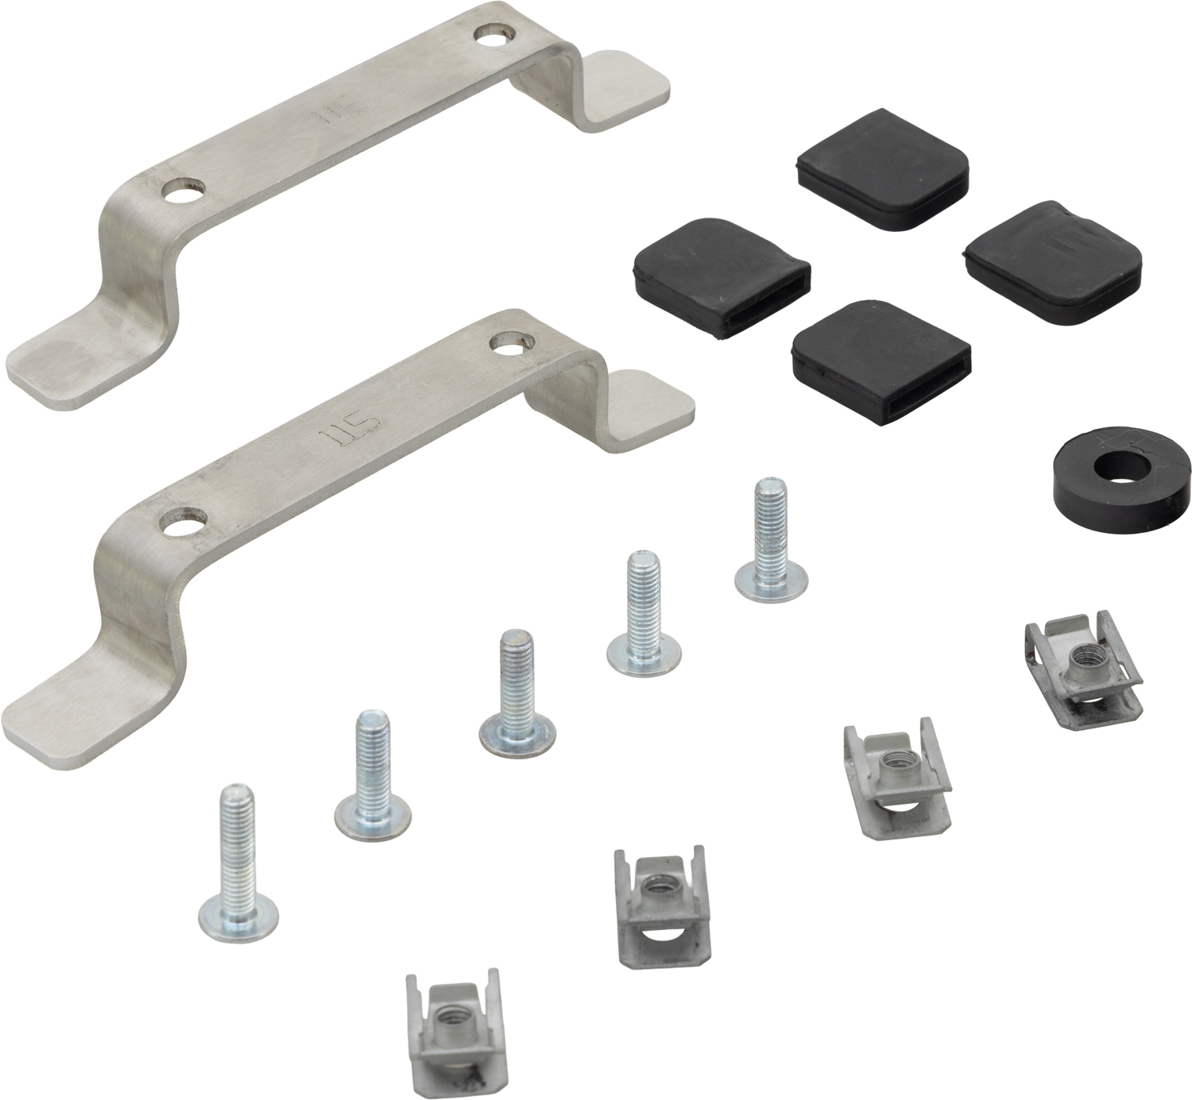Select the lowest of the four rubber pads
pos(882,362)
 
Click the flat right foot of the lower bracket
pos(644,405)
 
